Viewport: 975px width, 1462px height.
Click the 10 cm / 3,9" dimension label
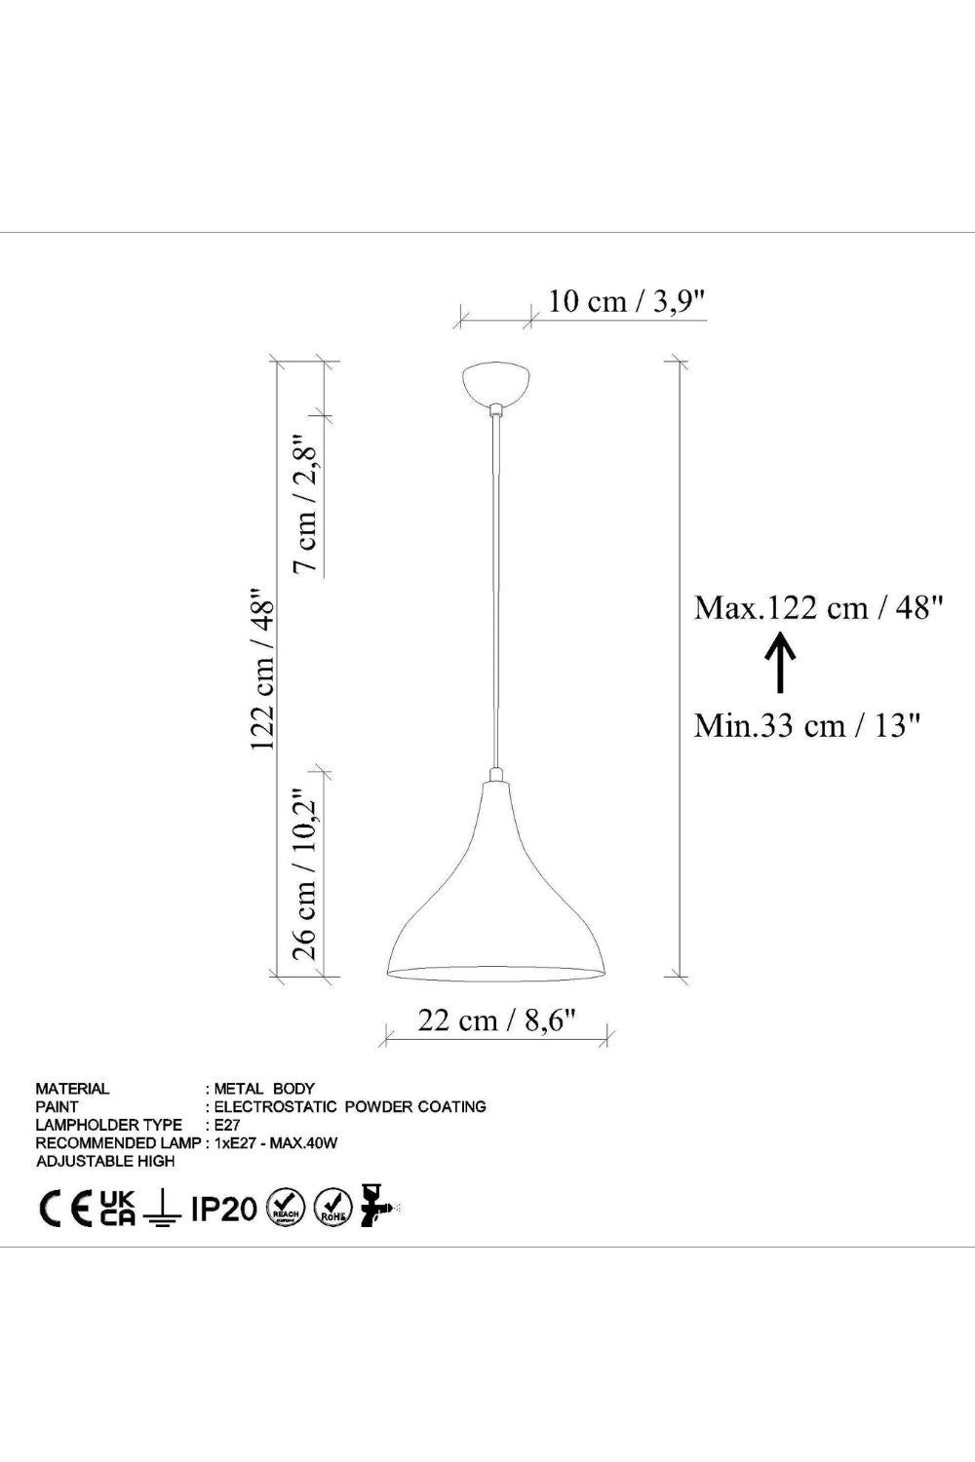tap(627, 301)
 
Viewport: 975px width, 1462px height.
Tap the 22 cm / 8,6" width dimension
tap(497, 1020)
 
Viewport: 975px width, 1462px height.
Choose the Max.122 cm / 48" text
tap(819, 608)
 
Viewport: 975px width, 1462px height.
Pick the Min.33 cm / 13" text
tap(808, 725)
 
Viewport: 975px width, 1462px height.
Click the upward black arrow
tap(780, 664)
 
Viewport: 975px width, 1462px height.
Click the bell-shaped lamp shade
tap(496, 882)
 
